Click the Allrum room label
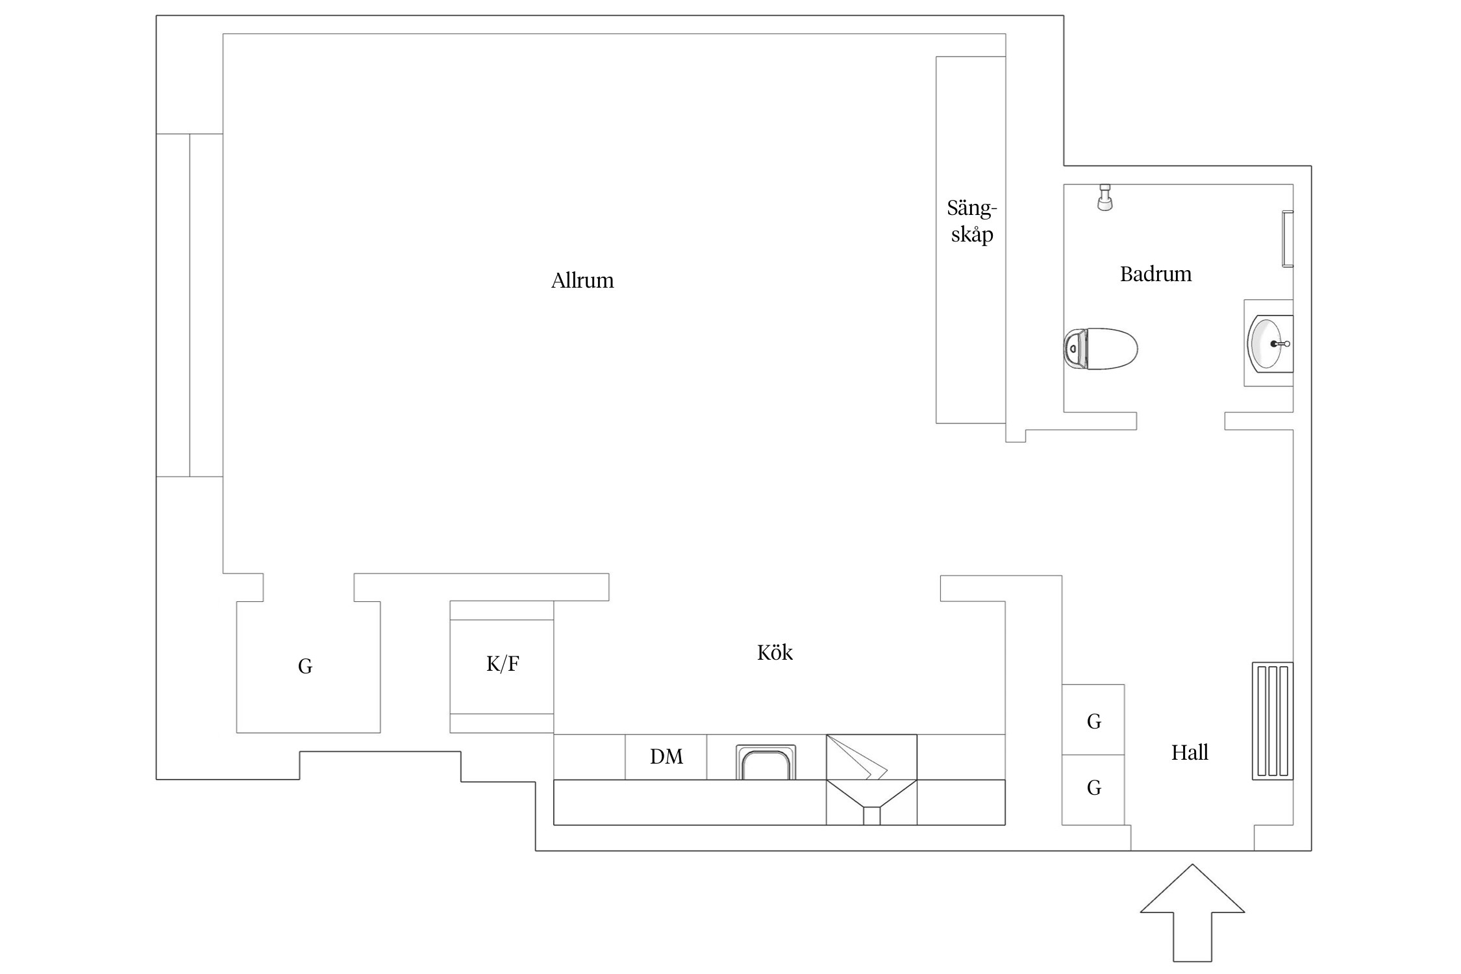point(582,281)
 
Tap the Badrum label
point(1156,274)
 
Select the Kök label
point(775,652)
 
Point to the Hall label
point(1190,753)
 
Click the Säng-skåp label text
point(972,221)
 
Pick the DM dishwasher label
point(666,756)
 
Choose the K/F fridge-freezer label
point(503,664)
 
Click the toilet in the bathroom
point(1101,349)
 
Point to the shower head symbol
point(1105,197)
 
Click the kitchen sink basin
point(766,762)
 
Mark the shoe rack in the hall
point(1273,721)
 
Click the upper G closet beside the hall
point(1093,719)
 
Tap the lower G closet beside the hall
point(1093,790)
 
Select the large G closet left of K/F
point(308,667)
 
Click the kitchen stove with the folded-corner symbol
point(871,757)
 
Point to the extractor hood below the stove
point(871,803)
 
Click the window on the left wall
point(190,305)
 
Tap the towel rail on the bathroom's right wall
point(1288,238)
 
